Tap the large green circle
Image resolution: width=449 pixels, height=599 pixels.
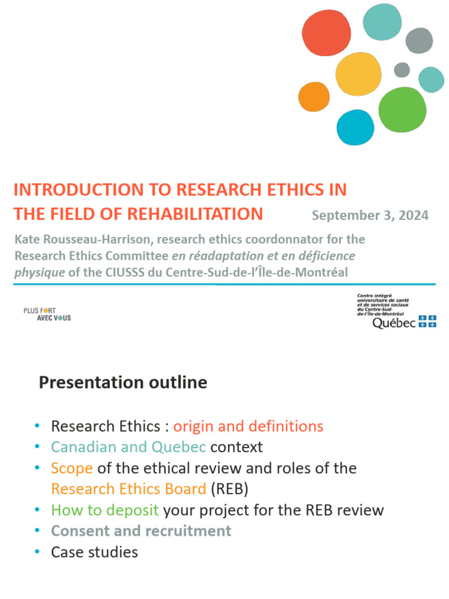tap(402, 109)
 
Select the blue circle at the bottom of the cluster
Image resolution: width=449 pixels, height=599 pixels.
tap(355, 127)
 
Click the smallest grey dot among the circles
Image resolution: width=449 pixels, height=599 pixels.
tap(402, 70)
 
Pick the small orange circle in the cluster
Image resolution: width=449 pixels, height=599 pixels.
tap(314, 97)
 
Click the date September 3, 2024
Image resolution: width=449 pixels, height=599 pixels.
tap(370, 215)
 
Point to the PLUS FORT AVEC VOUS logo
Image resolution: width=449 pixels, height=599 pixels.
tap(47, 314)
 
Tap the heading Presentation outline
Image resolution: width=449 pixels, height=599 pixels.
tap(123, 383)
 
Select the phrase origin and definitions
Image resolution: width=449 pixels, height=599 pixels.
tap(248, 426)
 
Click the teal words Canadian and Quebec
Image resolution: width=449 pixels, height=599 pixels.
tap(129, 447)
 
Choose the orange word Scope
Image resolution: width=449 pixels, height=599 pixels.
tap(72, 468)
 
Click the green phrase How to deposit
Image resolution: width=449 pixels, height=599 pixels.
tap(105, 510)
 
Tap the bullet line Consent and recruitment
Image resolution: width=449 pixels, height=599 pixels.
tap(141, 531)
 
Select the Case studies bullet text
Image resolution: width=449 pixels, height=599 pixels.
tap(95, 552)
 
